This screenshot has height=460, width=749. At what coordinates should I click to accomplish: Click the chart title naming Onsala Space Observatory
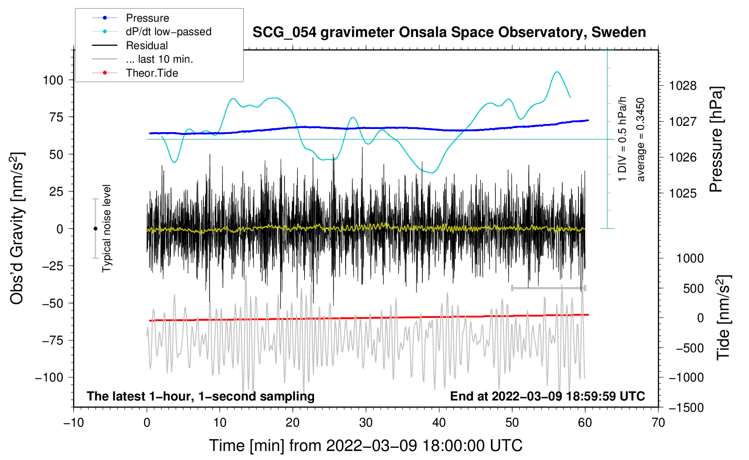(x=449, y=32)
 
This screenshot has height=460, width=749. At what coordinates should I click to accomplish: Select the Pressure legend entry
(x=147, y=18)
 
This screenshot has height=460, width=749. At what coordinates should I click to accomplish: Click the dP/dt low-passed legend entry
(x=168, y=32)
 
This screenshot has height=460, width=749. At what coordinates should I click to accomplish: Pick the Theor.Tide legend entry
(x=152, y=73)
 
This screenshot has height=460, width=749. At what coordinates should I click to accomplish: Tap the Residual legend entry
(x=147, y=46)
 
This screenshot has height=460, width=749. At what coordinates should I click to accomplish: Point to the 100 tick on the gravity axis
(x=53, y=80)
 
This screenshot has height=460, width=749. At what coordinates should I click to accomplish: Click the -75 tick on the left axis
(x=53, y=340)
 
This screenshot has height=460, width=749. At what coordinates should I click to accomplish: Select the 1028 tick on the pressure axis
(x=683, y=86)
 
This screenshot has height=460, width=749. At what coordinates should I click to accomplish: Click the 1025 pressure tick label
(x=683, y=193)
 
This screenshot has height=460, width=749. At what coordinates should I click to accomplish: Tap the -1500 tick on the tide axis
(x=686, y=408)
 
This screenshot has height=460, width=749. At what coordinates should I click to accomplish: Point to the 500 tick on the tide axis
(x=693, y=289)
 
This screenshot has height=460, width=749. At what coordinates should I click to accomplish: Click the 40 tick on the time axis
(x=439, y=423)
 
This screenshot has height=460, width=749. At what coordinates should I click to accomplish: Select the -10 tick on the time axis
(x=74, y=423)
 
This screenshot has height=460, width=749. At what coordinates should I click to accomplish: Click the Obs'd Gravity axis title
(x=17, y=229)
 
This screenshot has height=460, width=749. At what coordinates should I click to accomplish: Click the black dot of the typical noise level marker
(x=95, y=229)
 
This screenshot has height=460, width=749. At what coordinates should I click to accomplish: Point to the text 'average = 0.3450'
(x=641, y=140)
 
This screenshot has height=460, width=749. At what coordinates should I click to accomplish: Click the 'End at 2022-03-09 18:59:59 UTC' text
(x=547, y=396)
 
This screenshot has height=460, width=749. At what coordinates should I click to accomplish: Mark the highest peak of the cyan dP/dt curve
(x=557, y=72)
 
